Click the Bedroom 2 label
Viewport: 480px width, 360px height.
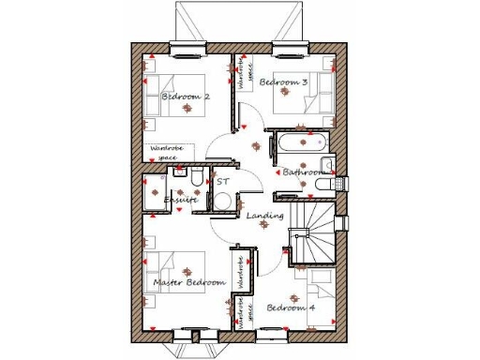(x=186, y=97)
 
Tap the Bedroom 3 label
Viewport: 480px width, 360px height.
(x=283, y=82)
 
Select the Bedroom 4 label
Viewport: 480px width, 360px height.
(x=290, y=307)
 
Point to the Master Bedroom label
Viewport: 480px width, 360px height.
(x=189, y=282)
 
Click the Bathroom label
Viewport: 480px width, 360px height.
(x=303, y=172)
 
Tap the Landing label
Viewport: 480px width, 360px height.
(x=265, y=217)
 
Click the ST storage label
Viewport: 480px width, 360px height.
(x=223, y=181)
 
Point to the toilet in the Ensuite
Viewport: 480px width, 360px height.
(x=192, y=178)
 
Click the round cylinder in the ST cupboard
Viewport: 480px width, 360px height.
(x=223, y=200)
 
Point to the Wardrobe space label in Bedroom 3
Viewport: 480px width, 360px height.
(x=247, y=75)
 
